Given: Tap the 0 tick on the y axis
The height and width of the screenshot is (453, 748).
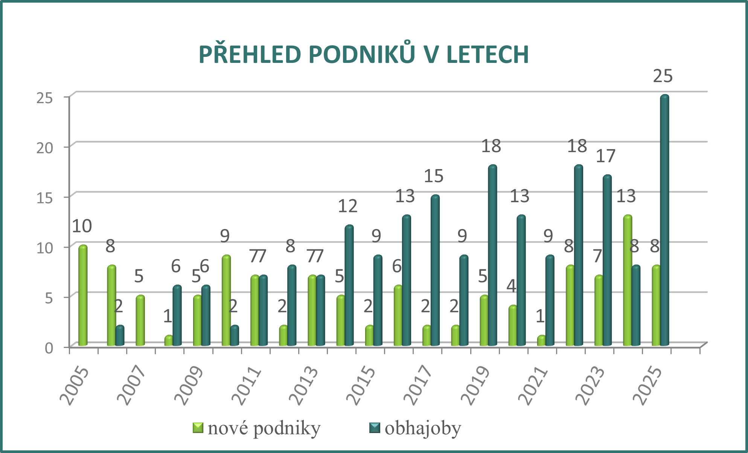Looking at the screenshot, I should pos(49,348).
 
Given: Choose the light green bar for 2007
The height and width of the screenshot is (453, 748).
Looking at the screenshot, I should pos(140,320).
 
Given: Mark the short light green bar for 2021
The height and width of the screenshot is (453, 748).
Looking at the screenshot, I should pos(541,340).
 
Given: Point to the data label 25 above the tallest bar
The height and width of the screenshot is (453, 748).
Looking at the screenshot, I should pos(663,76).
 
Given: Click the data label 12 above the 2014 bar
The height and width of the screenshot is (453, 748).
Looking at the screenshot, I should pos(347,206).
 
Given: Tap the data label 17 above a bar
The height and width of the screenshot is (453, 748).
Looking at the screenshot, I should pos(605,156).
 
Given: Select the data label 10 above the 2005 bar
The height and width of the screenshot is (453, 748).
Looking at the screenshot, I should pos(82,226).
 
